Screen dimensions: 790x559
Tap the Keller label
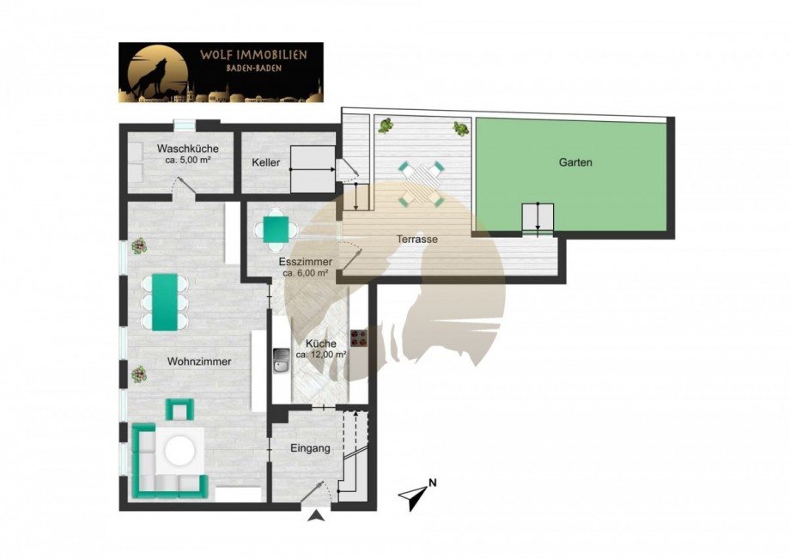pos(266,162)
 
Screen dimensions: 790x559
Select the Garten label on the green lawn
pos(575,162)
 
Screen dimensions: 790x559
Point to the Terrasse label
pos(416,240)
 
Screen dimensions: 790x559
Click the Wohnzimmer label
pos(199,362)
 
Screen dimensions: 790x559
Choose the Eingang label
pos(310,448)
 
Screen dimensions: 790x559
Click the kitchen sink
pos(281,362)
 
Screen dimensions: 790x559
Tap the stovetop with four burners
pos(359,338)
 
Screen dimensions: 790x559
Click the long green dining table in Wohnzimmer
pos(165,302)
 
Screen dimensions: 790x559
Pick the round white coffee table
pos(179,451)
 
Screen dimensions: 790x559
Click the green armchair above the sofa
pos(179,410)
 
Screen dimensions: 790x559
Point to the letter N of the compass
pos(432,483)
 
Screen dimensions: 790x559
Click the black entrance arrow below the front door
pos(316,515)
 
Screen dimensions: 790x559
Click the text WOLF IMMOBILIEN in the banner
pos(253,54)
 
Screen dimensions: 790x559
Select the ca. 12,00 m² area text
pos(321,355)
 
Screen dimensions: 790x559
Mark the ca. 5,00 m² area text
pos(187,161)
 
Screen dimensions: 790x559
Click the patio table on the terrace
pos(422,182)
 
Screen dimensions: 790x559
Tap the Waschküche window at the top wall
pos(185,125)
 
